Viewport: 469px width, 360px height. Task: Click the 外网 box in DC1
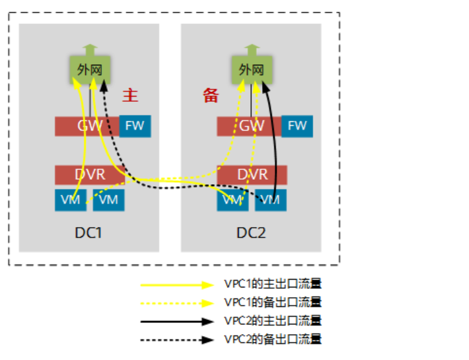pos(90,69)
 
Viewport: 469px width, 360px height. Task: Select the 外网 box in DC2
pos(252,69)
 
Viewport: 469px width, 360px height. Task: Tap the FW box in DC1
pos(135,126)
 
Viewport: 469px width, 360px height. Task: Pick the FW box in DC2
pos(297,126)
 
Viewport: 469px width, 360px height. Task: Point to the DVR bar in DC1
pos(90,174)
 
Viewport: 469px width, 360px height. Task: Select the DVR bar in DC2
pos(252,174)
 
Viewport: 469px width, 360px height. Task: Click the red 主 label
pos(130,95)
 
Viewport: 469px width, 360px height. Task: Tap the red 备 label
pos(211,96)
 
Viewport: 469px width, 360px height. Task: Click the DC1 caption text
pos(88,232)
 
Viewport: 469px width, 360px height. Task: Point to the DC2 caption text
pos(251,232)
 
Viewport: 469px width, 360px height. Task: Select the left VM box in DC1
pos(70,200)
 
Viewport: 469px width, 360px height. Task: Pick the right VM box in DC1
pos(108,200)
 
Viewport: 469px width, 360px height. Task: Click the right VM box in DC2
pos(271,200)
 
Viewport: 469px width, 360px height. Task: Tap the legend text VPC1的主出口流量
pos(272,284)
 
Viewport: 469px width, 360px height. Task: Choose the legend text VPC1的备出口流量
pos(272,302)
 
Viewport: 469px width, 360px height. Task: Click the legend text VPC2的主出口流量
pos(272,320)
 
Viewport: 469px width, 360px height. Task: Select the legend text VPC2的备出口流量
pos(272,339)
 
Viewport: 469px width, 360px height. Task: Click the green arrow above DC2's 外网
pos(252,49)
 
